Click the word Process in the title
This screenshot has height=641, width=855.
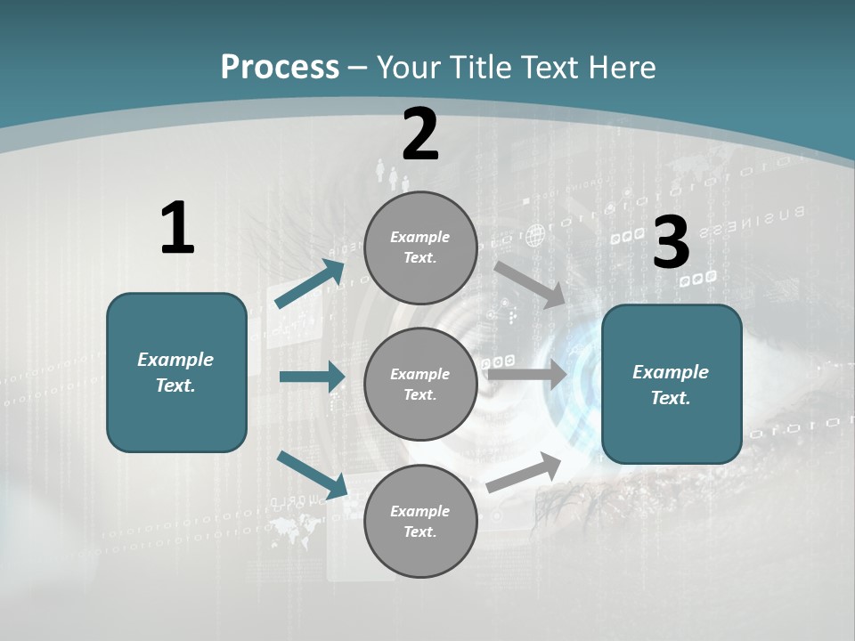[280, 67]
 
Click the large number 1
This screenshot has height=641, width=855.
[177, 229]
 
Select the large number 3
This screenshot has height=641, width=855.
[672, 242]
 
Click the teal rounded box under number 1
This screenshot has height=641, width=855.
[176, 372]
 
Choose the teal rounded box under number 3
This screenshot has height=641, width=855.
[672, 385]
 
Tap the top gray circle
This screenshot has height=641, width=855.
[420, 247]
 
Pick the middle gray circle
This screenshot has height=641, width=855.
[420, 384]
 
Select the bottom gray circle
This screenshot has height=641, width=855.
[420, 521]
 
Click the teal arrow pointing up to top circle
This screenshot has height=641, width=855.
[310, 283]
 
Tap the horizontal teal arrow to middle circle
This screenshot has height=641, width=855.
[312, 377]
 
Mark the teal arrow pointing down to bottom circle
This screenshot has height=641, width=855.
[312, 474]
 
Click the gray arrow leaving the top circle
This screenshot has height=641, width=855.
[530, 284]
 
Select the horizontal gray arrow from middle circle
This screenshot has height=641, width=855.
[527, 374]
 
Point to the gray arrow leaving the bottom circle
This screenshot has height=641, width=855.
[525, 472]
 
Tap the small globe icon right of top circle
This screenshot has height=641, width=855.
[534, 236]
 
